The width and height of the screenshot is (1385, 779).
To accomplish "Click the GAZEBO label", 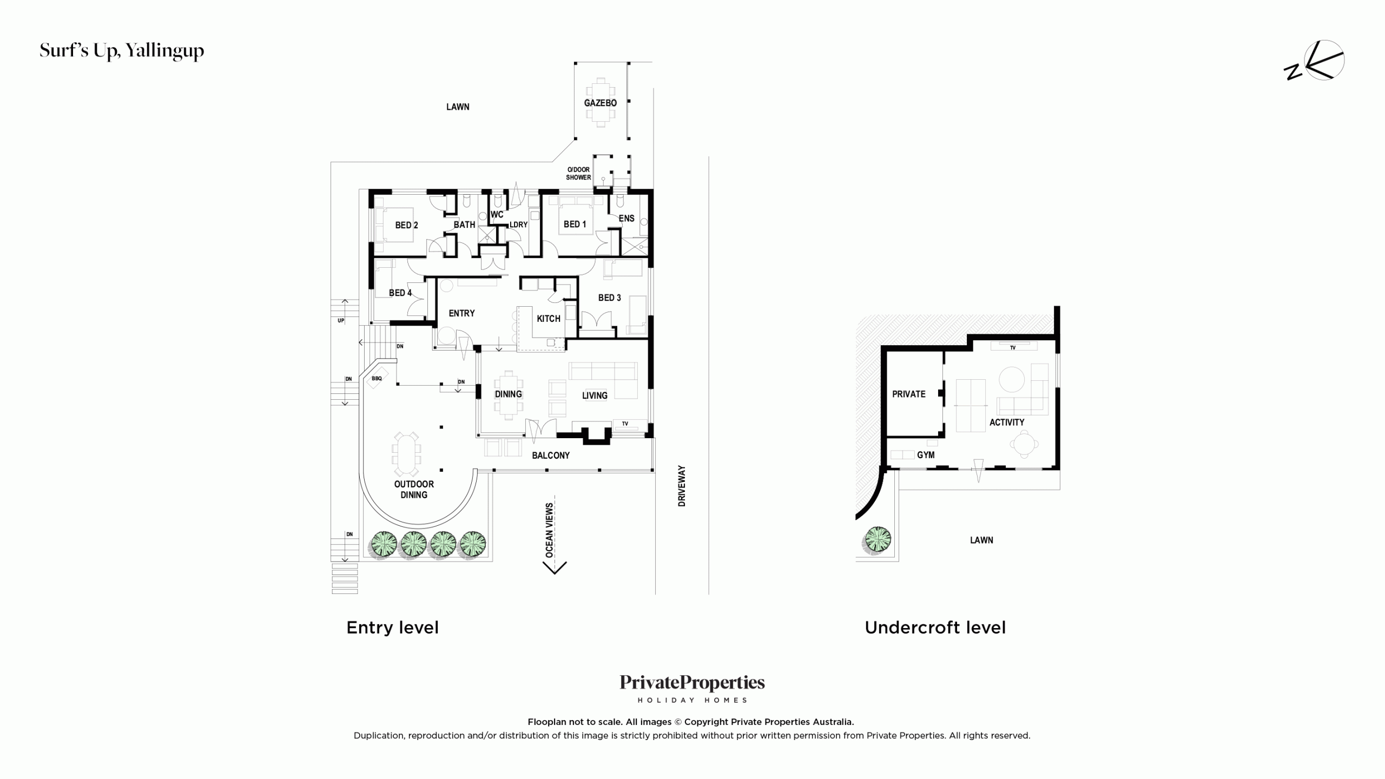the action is pyautogui.click(x=600, y=103).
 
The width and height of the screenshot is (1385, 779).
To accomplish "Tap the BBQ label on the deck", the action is pyautogui.click(x=377, y=379).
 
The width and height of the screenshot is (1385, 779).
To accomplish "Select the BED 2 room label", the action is pyautogui.click(x=406, y=225).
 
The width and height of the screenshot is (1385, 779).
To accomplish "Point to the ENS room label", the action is pyautogui.click(x=626, y=219).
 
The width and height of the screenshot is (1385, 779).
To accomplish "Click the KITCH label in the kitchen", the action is pyautogui.click(x=549, y=319).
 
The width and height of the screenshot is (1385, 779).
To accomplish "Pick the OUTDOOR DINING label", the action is pyautogui.click(x=414, y=490).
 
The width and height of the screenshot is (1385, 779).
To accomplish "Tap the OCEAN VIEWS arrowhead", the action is pyautogui.click(x=555, y=567).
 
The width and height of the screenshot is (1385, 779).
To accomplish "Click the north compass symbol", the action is pyautogui.click(x=1315, y=61).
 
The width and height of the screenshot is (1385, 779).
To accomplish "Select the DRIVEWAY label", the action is pyautogui.click(x=682, y=486).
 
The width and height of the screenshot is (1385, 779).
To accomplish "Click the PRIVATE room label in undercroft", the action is pyautogui.click(x=909, y=394).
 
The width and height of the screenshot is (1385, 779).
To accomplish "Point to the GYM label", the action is pyautogui.click(x=926, y=455).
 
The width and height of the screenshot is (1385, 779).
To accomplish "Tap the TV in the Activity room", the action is pyautogui.click(x=1013, y=346).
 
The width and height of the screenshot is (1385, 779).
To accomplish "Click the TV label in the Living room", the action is pyautogui.click(x=625, y=424).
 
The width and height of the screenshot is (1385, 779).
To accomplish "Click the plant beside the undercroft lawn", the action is pyautogui.click(x=878, y=540).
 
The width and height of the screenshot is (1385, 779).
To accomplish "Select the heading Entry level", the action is pyautogui.click(x=393, y=628).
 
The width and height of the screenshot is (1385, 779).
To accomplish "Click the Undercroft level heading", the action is pyautogui.click(x=935, y=628).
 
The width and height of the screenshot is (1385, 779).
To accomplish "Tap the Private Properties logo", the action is pyautogui.click(x=692, y=688).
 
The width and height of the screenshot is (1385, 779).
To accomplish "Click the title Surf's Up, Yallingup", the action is pyautogui.click(x=122, y=51).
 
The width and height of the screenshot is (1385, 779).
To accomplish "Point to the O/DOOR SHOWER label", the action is pyautogui.click(x=578, y=174).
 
